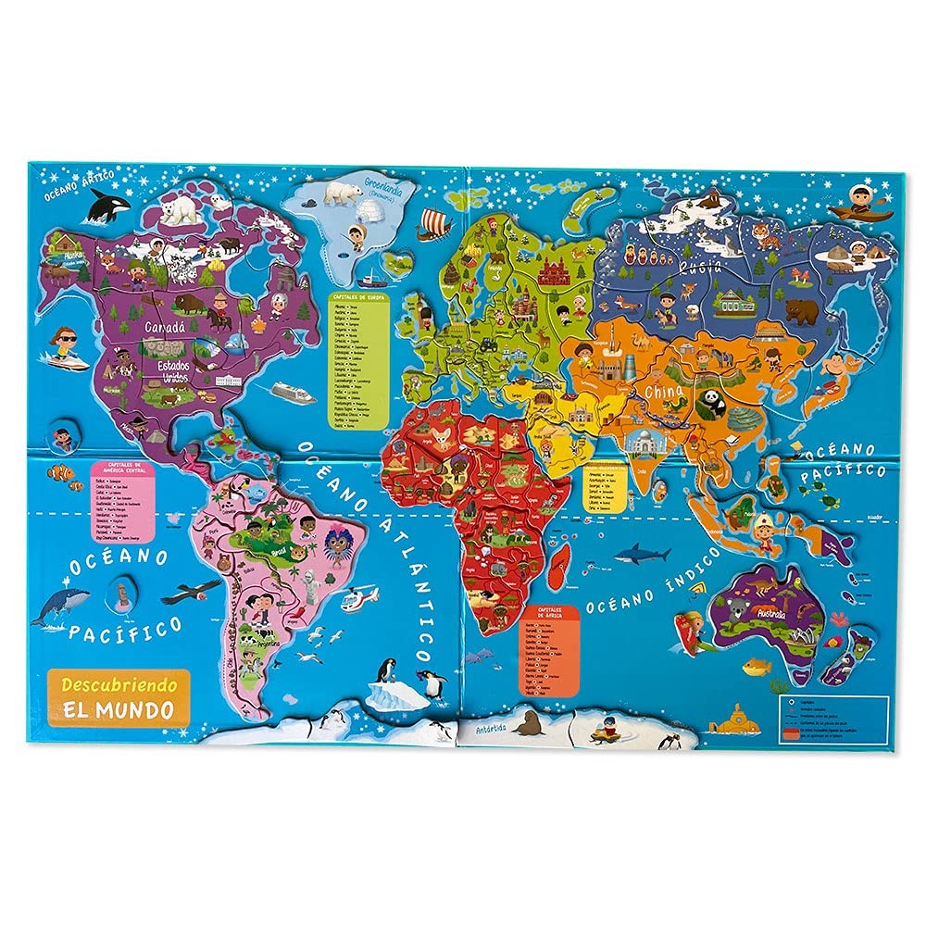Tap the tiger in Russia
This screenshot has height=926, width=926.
coord(766,236)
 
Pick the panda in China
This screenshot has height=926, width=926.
coord(711,402)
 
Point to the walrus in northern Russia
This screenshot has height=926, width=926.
coord(710,200)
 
